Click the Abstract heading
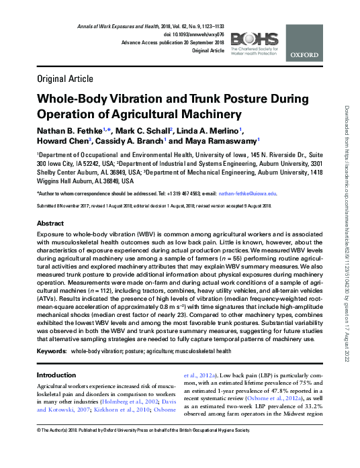pos(50,223)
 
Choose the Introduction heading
pos(56,375)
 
